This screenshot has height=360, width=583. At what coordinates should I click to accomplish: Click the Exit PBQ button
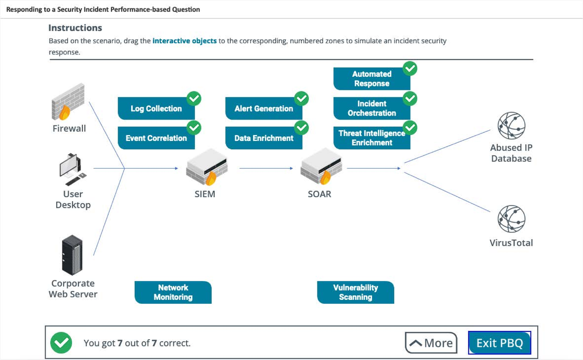point(499,343)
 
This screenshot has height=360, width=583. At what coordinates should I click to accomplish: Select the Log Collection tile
point(156,109)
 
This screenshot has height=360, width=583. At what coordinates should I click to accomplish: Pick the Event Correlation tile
point(156,138)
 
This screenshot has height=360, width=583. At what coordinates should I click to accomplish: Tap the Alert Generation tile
point(264,109)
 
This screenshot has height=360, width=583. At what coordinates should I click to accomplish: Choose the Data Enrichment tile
point(264,138)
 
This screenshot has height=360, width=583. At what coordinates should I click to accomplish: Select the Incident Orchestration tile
point(372,108)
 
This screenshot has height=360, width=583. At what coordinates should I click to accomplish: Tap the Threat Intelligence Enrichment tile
point(372,138)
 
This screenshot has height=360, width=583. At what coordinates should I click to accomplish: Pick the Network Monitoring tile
point(173,292)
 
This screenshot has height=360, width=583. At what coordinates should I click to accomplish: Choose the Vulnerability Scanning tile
point(356,292)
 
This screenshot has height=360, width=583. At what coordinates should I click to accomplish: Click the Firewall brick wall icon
point(68,102)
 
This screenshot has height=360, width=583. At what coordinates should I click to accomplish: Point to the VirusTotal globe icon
point(511,218)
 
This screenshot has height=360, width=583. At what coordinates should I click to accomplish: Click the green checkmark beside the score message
point(61,343)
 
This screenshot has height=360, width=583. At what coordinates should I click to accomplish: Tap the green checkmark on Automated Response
point(411,69)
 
